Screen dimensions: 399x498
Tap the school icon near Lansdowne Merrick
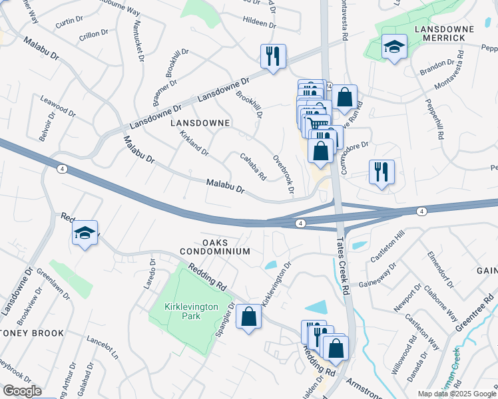click(x=394, y=47)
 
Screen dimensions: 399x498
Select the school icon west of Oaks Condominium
click(x=85, y=233)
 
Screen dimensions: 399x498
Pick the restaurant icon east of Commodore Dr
click(x=381, y=172)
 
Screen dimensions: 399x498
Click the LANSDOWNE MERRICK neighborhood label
click(x=443, y=34)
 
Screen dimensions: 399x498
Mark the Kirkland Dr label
click(x=194, y=144)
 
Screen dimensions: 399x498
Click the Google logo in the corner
click(x=21, y=391)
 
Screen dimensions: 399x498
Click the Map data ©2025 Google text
click(x=456, y=394)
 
